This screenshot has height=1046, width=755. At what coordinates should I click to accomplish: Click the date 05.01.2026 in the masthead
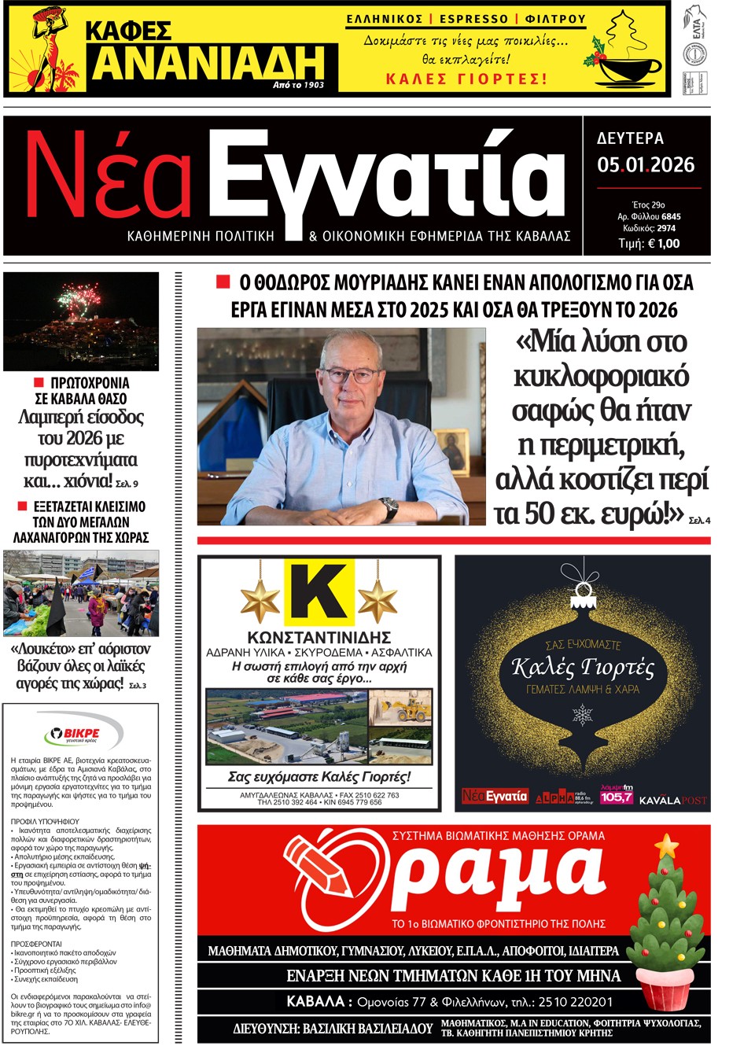[x=646, y=165]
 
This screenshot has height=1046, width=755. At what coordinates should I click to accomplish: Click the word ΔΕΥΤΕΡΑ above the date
[x=630, y=138]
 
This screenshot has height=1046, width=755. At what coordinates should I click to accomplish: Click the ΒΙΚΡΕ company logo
[x=83, y=735]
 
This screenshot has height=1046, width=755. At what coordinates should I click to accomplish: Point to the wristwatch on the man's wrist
[x=389, y=509]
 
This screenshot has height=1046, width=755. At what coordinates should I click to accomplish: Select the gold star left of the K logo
[x=260, y=602]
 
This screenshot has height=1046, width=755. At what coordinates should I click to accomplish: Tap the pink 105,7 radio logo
[x=617, y=797]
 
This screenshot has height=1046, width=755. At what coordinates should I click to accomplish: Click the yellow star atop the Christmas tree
[x=666, y=845]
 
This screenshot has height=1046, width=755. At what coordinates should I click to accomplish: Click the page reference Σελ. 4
[x=699, y=521]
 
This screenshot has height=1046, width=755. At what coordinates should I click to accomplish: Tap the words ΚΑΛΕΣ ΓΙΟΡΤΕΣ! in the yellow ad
[x=466, y=79]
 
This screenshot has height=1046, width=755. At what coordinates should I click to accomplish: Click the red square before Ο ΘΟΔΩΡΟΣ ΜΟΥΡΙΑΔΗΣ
[x=223, y=282]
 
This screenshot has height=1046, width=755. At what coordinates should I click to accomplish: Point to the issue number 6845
[x=671, y=216]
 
